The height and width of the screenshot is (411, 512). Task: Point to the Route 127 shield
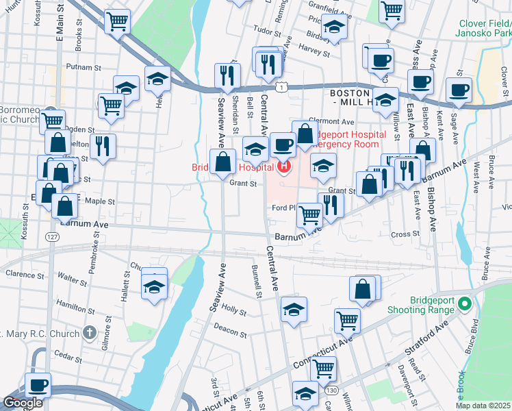point(52,236)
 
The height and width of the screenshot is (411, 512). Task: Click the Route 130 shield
point(332,390)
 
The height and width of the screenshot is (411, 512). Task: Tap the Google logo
point(23,403)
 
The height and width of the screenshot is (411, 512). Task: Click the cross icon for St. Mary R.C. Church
point(89,333)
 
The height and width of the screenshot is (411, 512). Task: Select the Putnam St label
point(83,68)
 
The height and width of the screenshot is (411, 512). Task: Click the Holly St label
point(234,311)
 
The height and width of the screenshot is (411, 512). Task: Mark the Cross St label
point(405,234)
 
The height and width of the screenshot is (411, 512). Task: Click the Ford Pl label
point(283,208)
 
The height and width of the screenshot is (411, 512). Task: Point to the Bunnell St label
point(257,282)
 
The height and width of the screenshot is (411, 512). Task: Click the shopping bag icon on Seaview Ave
point(222,163)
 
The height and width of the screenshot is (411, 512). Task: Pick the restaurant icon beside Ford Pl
point(331,205)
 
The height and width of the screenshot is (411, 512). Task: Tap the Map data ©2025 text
point(482,406)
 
